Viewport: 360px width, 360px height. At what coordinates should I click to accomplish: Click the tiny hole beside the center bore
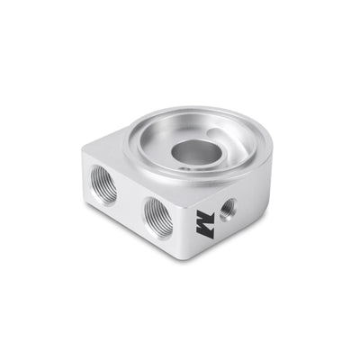click(x=184, y=166)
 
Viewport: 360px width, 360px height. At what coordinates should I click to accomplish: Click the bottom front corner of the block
click(x=190, y=259)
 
